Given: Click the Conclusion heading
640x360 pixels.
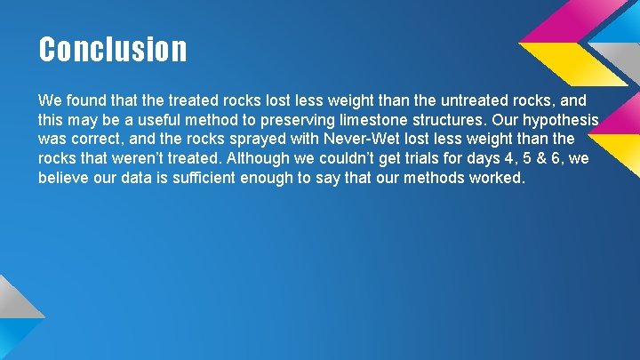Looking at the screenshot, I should click(x=113, y=49).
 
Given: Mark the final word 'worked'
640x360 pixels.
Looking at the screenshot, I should click(x=499, y=179).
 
